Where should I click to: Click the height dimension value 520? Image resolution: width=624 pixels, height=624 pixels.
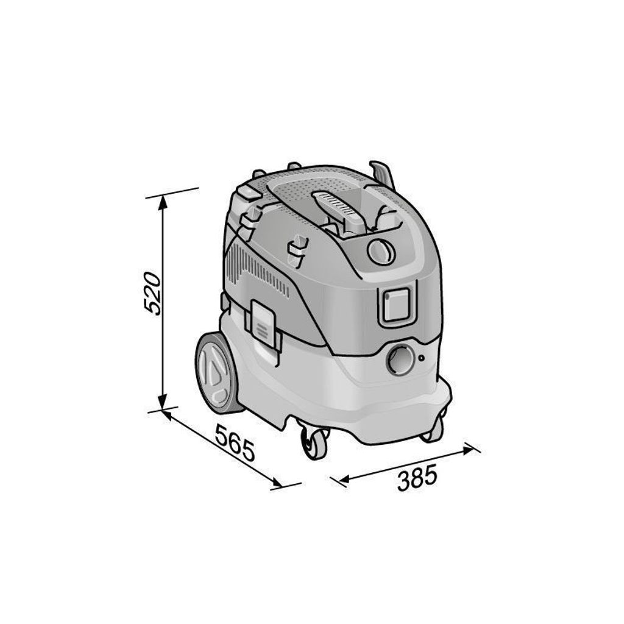pyautogui.click(x=153, y=293)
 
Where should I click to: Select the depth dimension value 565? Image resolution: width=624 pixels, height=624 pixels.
pyautogui.click(x=235, y=442)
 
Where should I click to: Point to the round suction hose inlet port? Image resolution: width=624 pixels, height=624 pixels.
pyautogui.click(x=400, y=360)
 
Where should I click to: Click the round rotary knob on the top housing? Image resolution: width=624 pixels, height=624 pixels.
pyautogui.click(x=381, y=252)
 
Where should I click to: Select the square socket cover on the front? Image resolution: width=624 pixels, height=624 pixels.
pyautogui.click(x=395, y=305)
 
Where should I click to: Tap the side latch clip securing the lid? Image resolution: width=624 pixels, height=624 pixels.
pyautogui.click(x=262, y=321)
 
